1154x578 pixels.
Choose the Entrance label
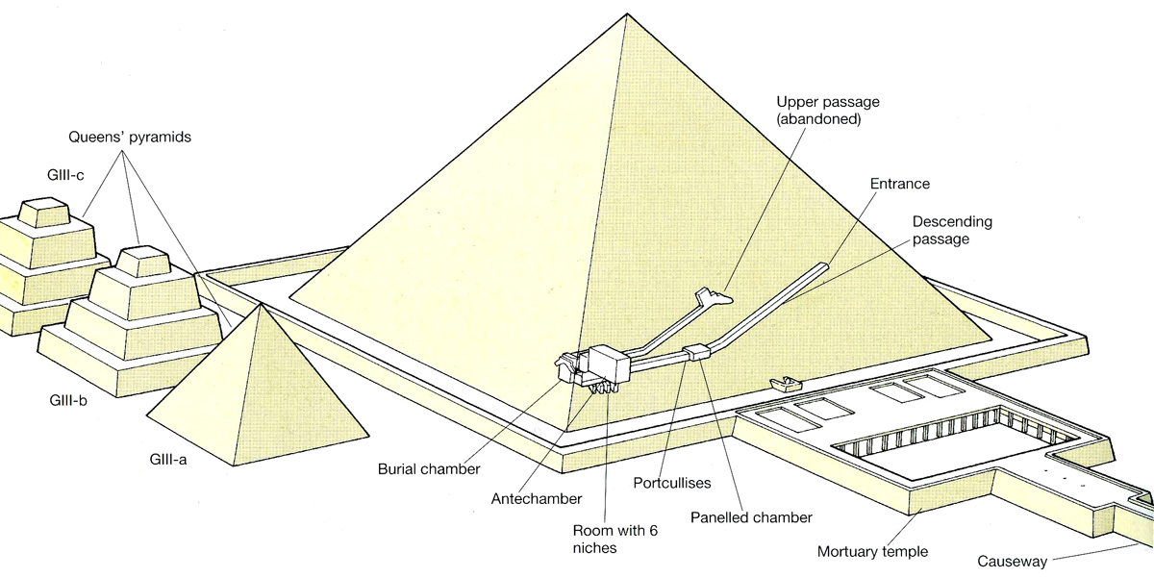(x=899, y=183)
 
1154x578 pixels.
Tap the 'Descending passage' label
(x=951, y=230)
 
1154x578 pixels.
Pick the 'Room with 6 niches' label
(x=608, y=539)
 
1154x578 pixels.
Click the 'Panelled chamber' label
(x=751, y=517)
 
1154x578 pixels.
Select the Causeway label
(x=1010, y=561)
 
